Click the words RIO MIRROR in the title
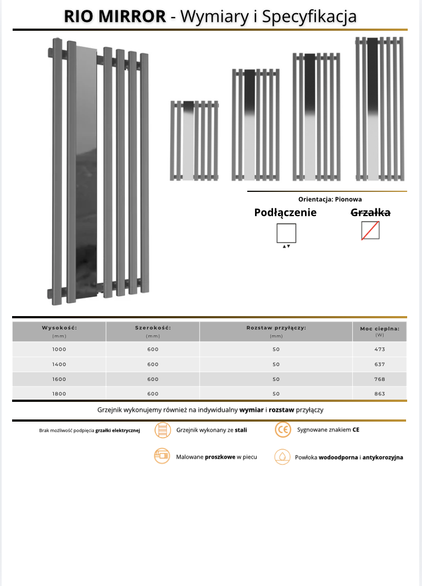click(x=115, y=16)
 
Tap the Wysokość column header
click(x=59, y=328)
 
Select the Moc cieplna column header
click(x=380, y=329)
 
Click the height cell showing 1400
click(x=59, y=364)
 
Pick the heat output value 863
click(x=380, y=394)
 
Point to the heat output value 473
click(x=380, y=350)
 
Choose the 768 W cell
click(x=380, y=379)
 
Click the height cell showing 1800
click(x=59, y=394)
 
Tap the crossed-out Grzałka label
click(x=371, y=213)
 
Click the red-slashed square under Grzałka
click(x=370, y=231)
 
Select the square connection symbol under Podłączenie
click(x=286, y=233)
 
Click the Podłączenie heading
click(x=285, y=213)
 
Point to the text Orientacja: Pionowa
click(x=330, y=200)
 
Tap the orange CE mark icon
click(x=282, y=430)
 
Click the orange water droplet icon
click(x=282, y=456)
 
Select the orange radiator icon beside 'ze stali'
click(x=162, y=430)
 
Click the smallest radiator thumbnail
click(x=193, y=140)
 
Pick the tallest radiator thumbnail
click(x=380, y=109)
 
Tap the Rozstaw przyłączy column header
click(x=276, y=328)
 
